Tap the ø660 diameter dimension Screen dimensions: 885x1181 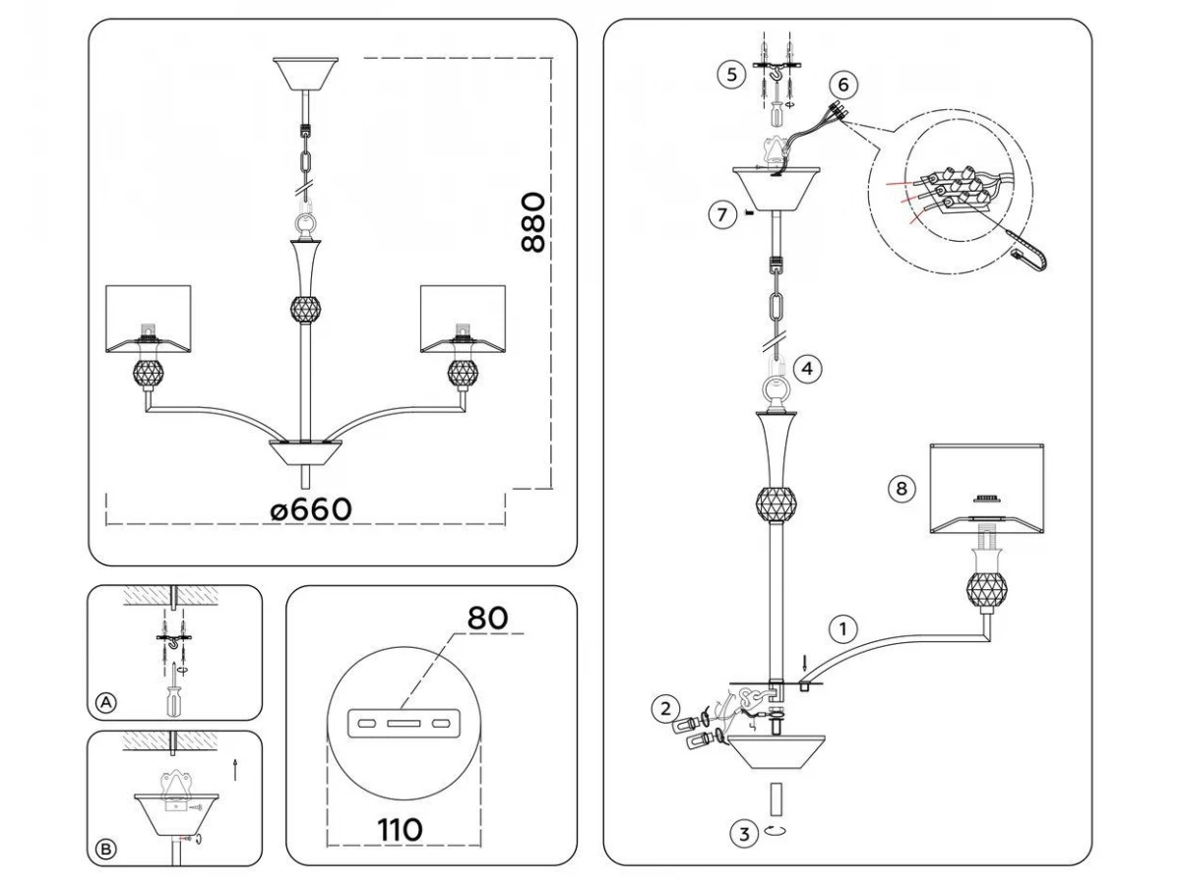coord(310,509)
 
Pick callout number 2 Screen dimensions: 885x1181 coord(666,706)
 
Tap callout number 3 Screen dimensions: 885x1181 coord(744,835)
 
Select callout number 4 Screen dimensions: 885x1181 coord(807,370)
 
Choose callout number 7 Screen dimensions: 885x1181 coord(722,213)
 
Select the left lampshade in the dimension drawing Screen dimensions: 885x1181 coord(148,320)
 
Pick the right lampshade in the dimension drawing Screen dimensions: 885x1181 coord(463,320)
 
